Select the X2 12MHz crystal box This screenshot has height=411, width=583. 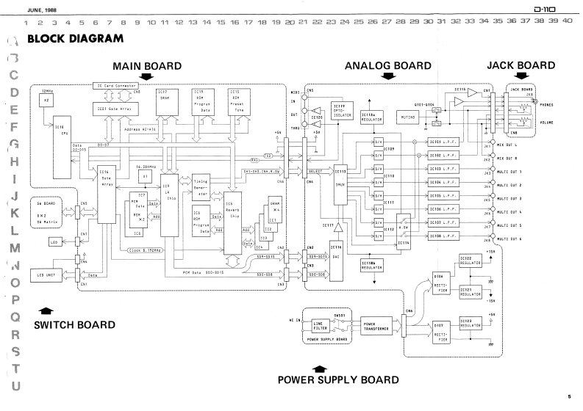point(49,103)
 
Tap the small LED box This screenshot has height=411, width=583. point(54,241)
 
